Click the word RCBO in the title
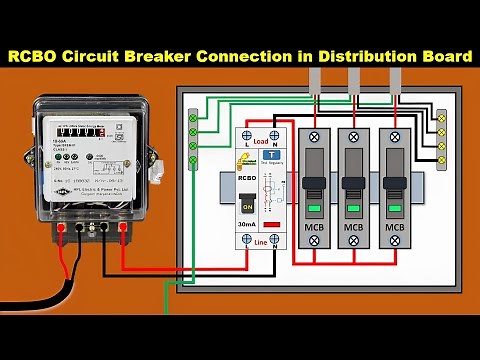pyautogui.click(x=39, y=57)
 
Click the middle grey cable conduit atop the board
pyautogui.click(x=354, y=81)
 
